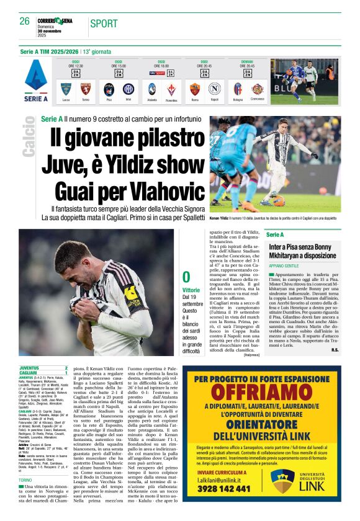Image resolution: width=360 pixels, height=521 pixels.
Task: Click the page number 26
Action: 25,21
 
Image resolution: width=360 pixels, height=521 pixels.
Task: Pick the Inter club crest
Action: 128,89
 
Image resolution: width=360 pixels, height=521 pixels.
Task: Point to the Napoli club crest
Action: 214,89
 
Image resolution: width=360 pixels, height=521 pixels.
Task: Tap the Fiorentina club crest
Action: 171,89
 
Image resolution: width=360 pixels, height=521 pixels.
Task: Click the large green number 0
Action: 186,277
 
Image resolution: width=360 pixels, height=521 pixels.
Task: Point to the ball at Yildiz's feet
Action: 279,200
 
